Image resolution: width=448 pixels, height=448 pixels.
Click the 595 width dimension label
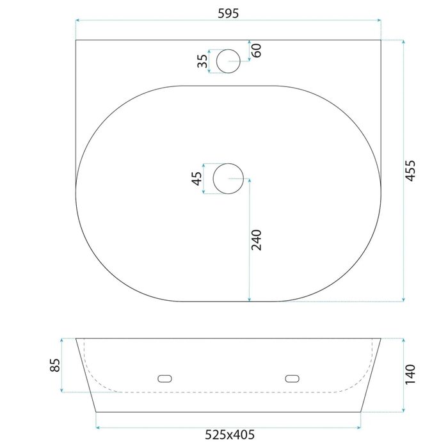pyautogui.click(x=228, y=13)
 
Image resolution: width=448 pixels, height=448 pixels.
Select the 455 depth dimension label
pyautogui.click(x=410, y=171)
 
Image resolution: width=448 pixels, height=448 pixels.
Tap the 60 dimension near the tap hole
pyautogui.click(x=257, y=51)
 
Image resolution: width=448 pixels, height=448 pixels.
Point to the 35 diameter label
pyautogui.click(x=203, y=61)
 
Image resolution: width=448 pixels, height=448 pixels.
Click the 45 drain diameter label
pyautogui.click(x=196, y=179)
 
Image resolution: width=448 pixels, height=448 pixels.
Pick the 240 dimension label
pyautogui.click(x=256, y=240)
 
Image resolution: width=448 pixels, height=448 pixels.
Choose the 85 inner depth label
pyautogui.click(x=55, y=365)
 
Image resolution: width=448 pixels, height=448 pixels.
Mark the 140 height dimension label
pyautogui.click(x=410, y=374)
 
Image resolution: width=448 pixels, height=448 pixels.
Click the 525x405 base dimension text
pyautogui.click(x=230, y=435)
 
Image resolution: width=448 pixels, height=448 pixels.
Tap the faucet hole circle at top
pyautogui.click(x=228, y=49)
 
